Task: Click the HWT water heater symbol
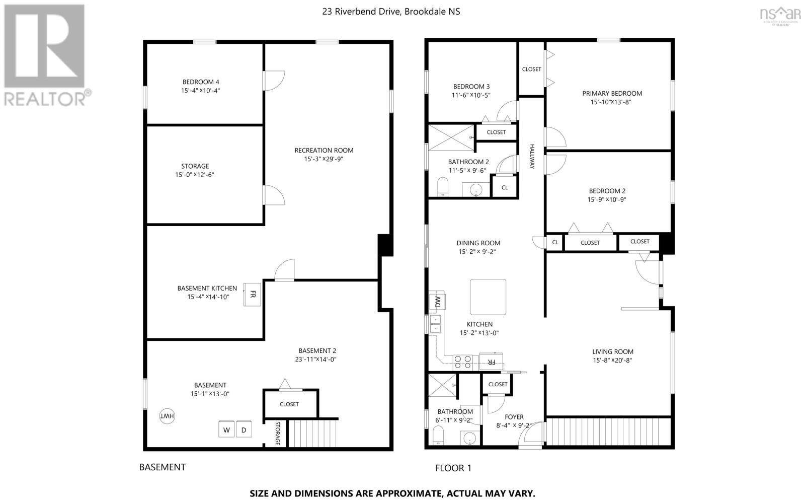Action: pos(167,416)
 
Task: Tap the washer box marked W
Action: pos(226,429)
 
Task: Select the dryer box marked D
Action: pos(244,429)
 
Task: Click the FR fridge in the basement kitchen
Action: pos(252,295)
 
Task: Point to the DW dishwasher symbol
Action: pos(437,302)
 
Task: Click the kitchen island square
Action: pos(488,297)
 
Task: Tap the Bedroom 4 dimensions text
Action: pos(201,91)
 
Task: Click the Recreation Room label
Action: pos(324,150)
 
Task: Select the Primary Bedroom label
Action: pos(612,94)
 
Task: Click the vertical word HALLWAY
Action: pos(532,157)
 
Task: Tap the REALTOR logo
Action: pos(46,56)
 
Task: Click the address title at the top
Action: pos(391,12)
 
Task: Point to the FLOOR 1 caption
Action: pos(453,468)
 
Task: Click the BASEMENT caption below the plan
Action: pos(163,467)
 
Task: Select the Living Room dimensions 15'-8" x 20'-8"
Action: pos(612,361)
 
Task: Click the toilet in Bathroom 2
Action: pos(443,187)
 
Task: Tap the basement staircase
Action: pos(312,433)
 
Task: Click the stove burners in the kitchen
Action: pos(462,362)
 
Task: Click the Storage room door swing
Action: pos(274,195)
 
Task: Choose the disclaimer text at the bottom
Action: pos(392,493)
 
